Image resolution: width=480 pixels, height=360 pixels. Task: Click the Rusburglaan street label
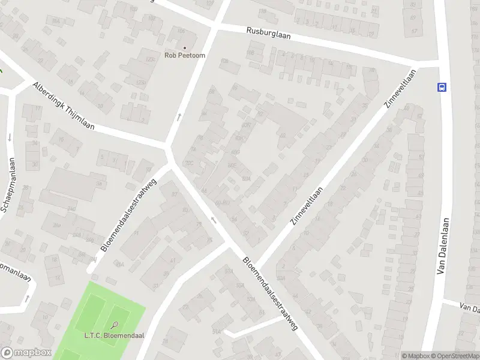point(269,33)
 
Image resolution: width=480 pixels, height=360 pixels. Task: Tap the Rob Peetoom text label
point(185,55)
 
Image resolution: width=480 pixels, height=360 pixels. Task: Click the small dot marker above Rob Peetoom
point(185,47)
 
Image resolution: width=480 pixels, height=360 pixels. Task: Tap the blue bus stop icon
point(442,86)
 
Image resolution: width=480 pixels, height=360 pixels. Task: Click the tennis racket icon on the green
point(106,328)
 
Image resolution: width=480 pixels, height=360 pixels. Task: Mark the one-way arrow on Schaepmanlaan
point(10,137)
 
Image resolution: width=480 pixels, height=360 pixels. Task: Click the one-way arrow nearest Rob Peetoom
point(179,116)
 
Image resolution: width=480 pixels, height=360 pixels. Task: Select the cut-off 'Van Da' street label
point(469,308)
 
